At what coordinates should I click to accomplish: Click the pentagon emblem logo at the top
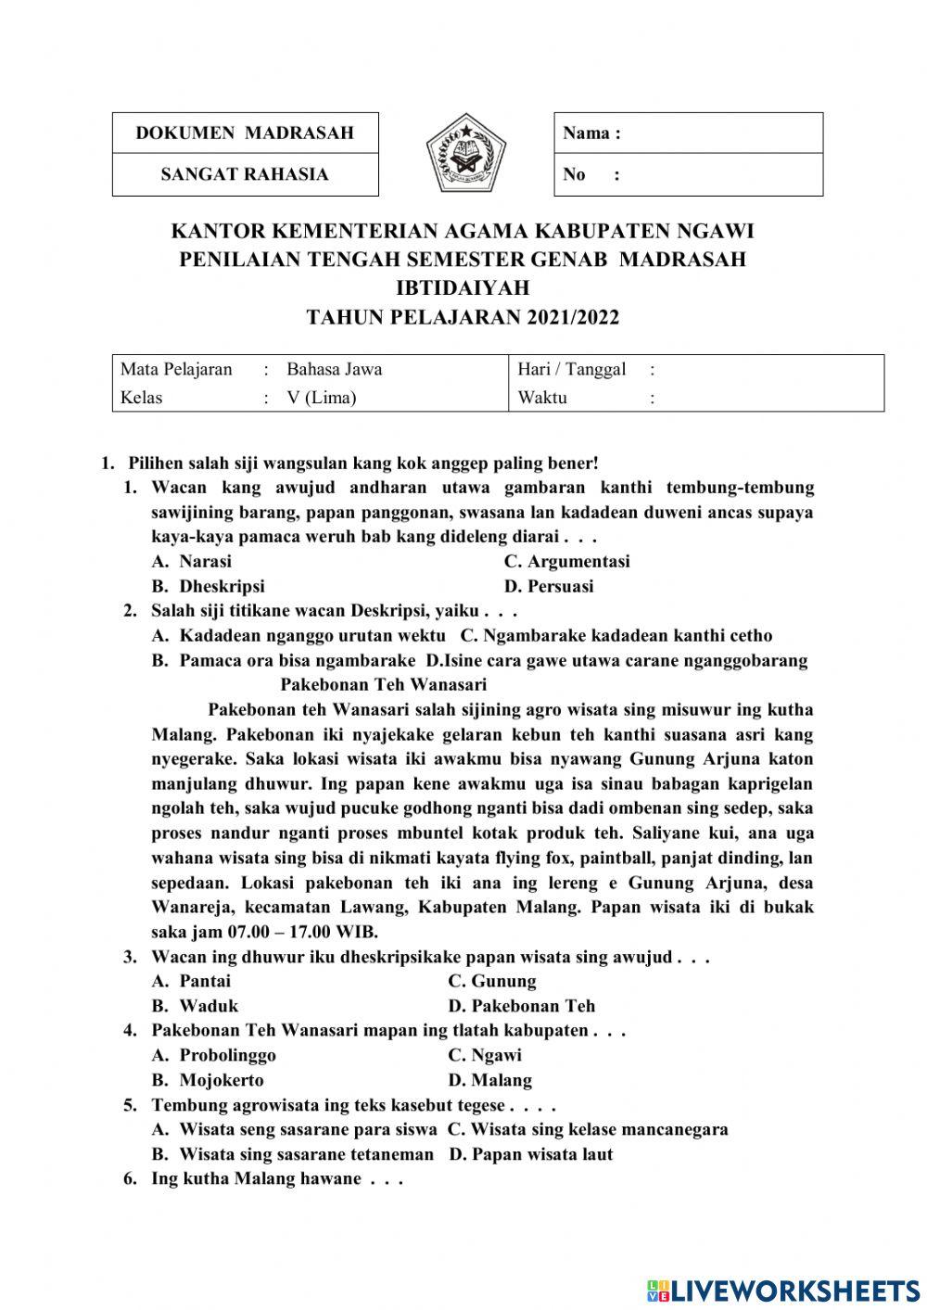point(466,153)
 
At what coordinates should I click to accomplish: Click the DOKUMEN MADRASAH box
point(245,133)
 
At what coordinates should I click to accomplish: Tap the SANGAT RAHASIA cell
point(245,174)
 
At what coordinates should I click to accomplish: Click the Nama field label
point(590,133)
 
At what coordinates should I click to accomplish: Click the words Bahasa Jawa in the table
point(334,369)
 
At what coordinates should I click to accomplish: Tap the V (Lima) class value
point(321,398)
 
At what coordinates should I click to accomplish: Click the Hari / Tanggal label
point(571,369)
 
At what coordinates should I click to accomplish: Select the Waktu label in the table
point(542,398)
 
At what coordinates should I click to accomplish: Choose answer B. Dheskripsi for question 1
point(209,586)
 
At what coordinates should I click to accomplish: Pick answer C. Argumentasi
point(566,561)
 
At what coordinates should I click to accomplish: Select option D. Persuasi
point(549,586)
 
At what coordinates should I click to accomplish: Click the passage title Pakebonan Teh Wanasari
point(383,685)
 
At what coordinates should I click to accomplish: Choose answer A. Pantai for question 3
point(192,981)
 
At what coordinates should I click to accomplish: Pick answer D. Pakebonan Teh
point(521,1006)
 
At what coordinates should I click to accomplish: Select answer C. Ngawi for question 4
point(485,1055)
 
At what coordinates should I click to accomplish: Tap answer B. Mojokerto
point(209,1080)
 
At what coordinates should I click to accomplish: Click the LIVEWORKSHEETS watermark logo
point(783,1290)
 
